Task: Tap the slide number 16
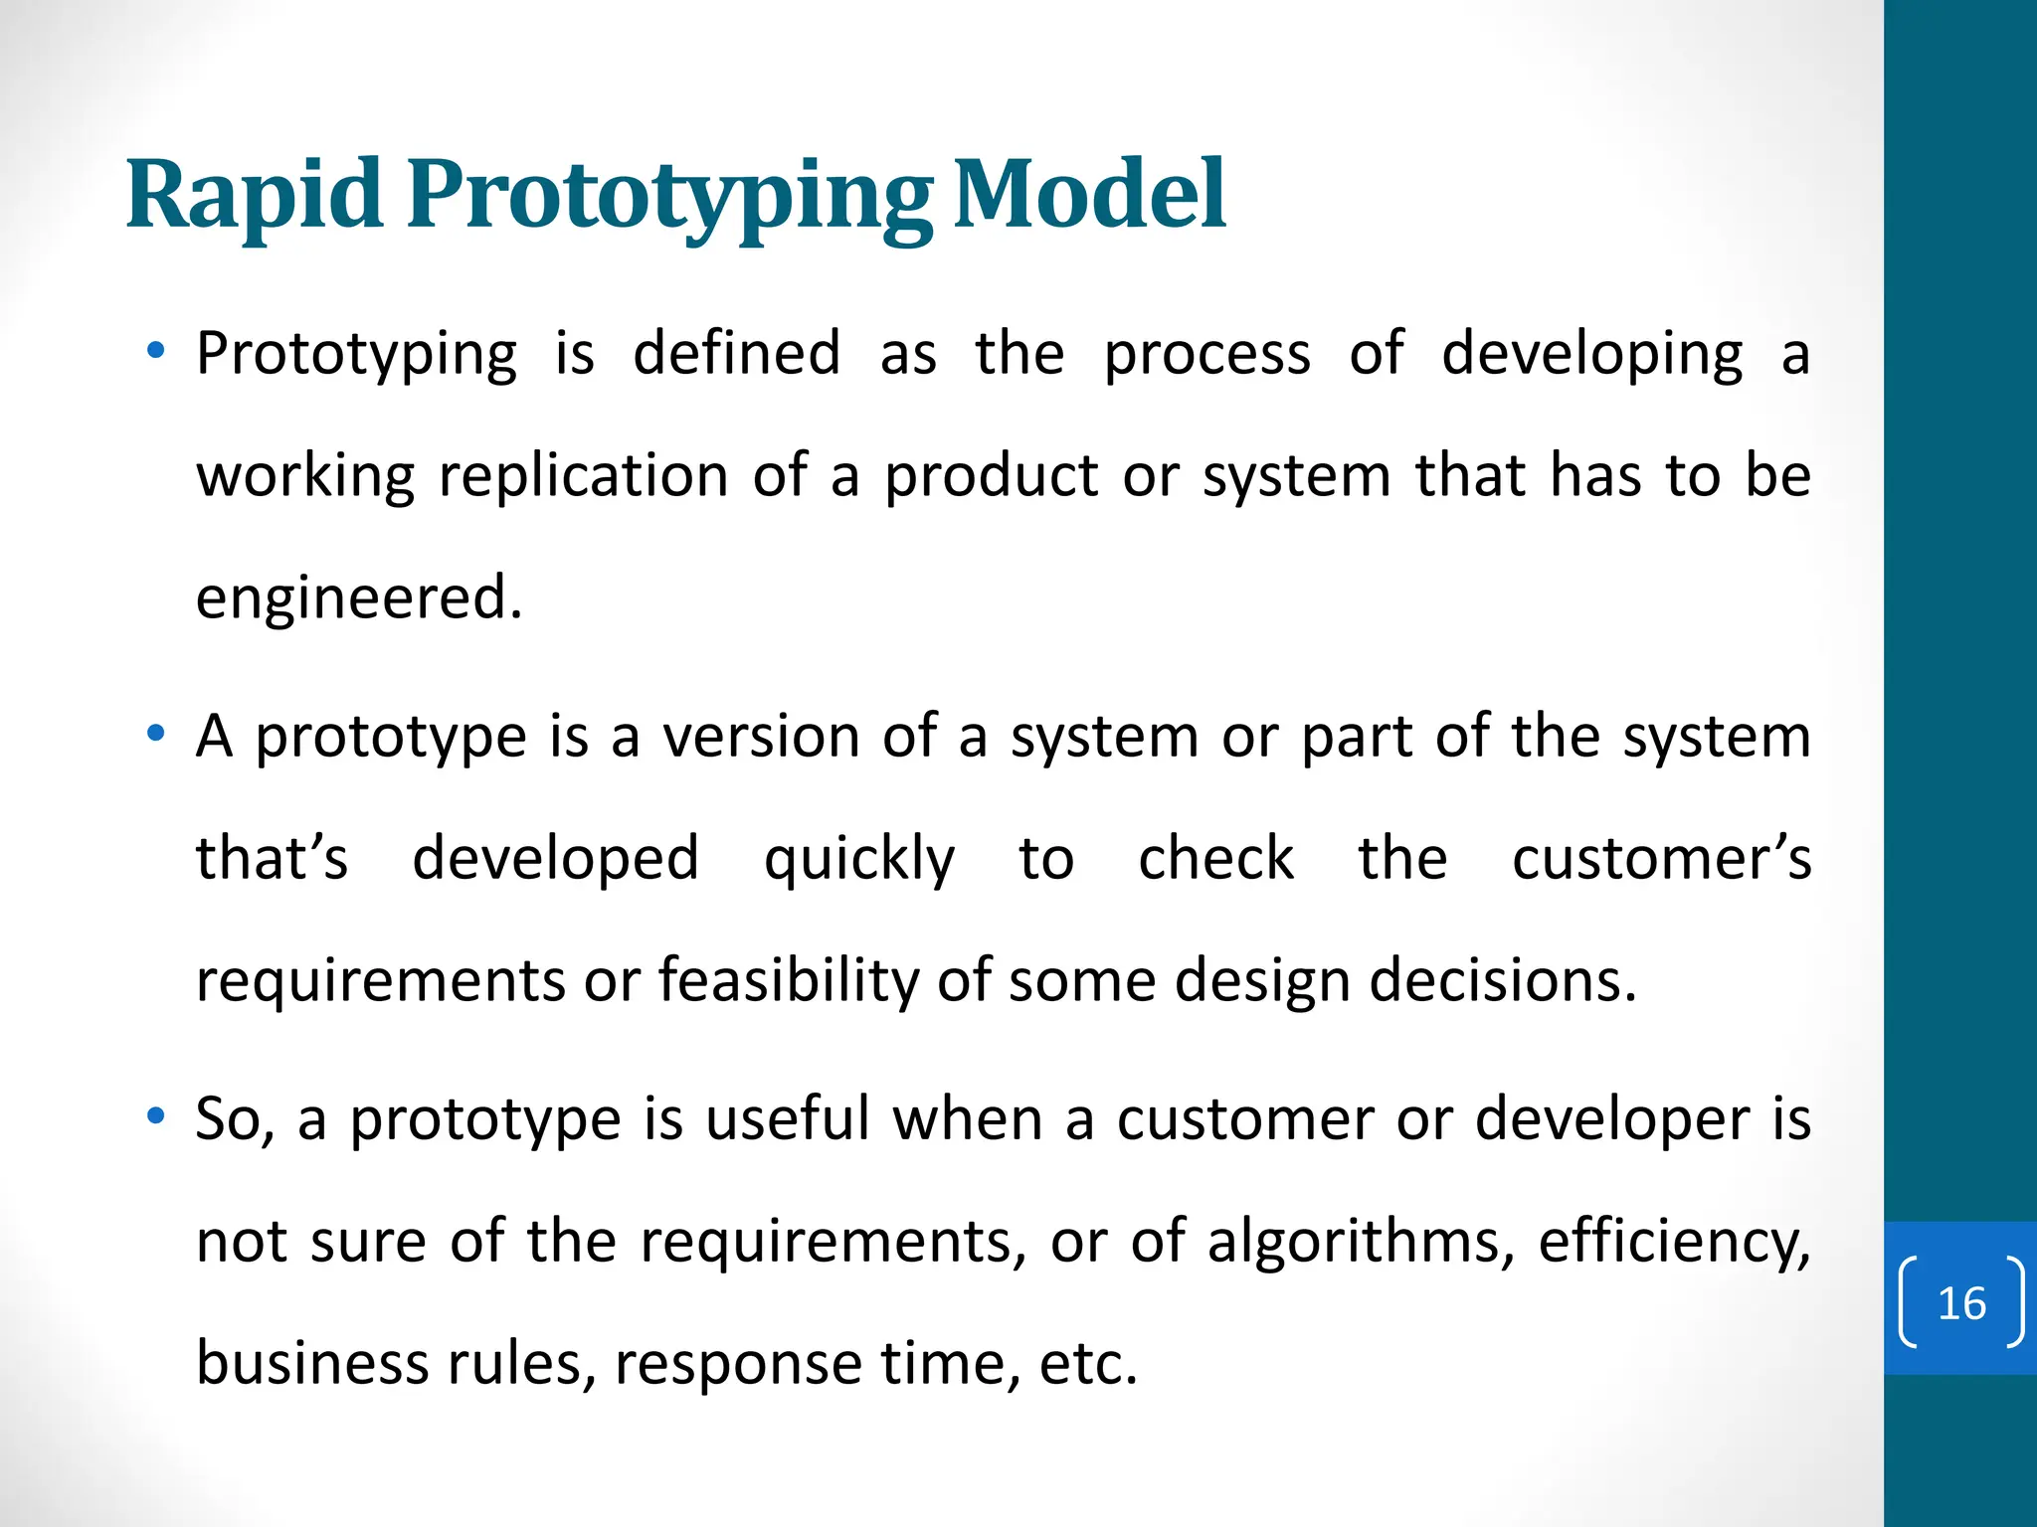coord(1961,1303)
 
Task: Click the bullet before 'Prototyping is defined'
coord(155,351)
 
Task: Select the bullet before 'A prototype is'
coord(155,735)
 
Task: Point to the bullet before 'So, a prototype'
coord(155,1116)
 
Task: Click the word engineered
coord(358,598)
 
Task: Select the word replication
coord(584,476)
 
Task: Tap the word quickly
coord(858,859)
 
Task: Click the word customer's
coord(1661,859)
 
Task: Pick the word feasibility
coord(790,981)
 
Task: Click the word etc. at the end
coord(1087,1363)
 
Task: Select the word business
coord(312,1363)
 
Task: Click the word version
coord(762,737)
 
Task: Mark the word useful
coord(788,1118)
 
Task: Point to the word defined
coord(737,354)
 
